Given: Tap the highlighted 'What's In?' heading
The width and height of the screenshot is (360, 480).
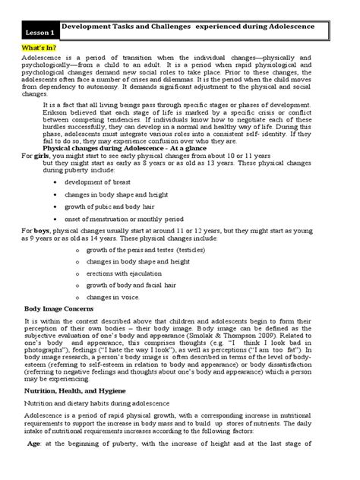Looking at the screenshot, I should coord(43,47).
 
